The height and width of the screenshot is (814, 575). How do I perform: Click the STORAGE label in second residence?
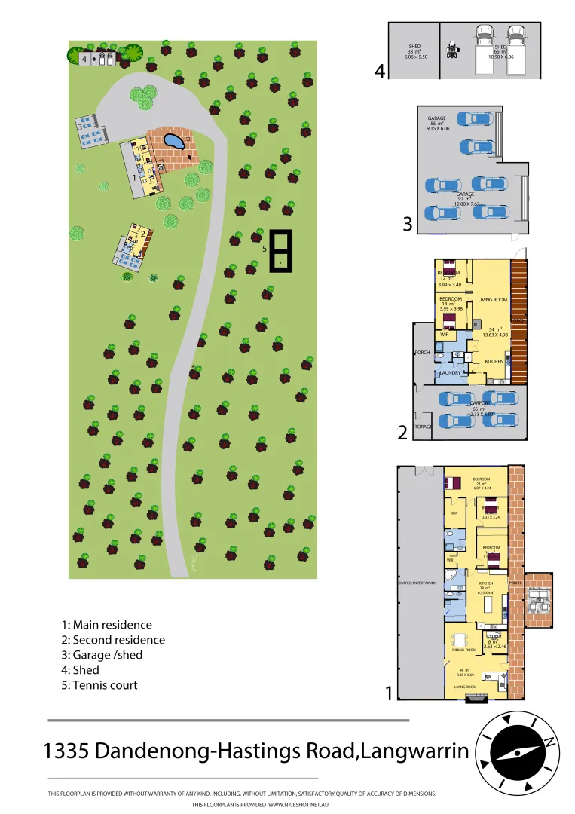(423, 427)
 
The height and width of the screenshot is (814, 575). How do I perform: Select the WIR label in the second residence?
(445, 334)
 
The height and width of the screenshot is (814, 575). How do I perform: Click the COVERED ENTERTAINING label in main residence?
(419, 582)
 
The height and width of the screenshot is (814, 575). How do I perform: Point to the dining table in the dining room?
(460, 641)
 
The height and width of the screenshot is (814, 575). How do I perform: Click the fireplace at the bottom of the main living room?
(476, 699)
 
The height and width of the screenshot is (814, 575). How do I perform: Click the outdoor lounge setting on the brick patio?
(540, 600)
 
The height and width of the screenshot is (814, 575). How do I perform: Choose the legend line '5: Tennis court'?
(99, 685)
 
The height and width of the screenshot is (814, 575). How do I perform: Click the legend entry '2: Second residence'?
(113, 640)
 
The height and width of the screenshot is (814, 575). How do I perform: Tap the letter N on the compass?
(550, 742)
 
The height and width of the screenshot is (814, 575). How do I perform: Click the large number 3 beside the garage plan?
(407, 224)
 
